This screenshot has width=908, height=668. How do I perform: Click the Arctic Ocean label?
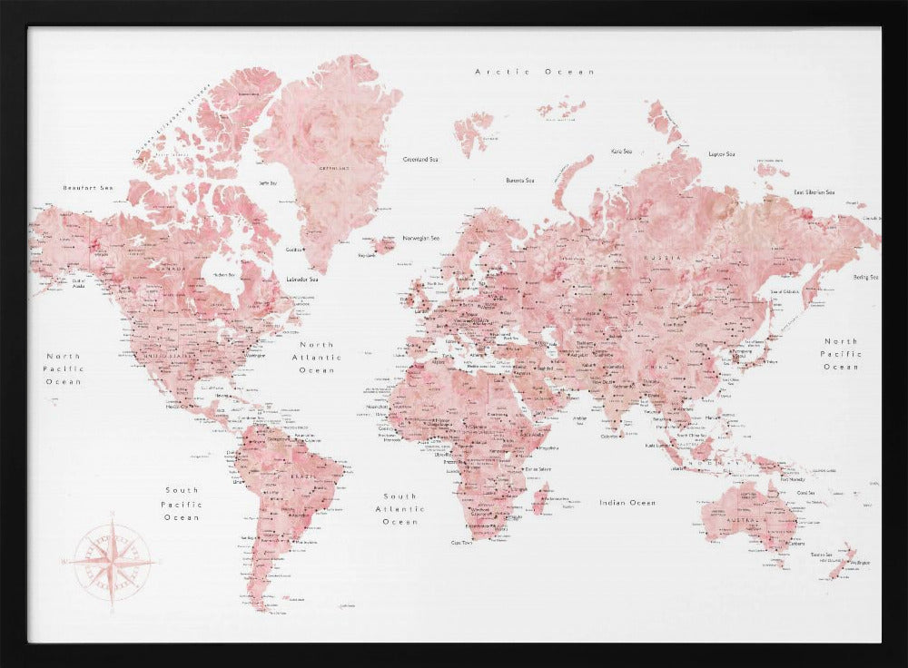coord(535,71)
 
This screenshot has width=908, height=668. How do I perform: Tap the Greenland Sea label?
coord(420,159)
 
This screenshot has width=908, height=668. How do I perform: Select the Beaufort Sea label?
coord(88,187)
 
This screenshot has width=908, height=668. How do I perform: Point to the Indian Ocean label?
coord(627,502)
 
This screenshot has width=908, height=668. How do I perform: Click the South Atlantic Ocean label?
coord(400,509)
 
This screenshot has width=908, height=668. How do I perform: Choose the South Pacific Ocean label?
coord(182,504)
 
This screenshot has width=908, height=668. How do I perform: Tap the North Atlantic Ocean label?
coord(317,358)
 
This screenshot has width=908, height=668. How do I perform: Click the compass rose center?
coord(113,561)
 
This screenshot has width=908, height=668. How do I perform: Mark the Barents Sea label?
coord(519,180)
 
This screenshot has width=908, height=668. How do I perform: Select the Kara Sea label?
coord(621,152)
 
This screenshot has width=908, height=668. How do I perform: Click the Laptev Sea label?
coord(721,154)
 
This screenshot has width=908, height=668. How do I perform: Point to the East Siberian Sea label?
coord(813,192)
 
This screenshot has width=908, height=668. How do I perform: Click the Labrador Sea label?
coord(301,279)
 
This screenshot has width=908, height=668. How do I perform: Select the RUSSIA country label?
coord(656,257)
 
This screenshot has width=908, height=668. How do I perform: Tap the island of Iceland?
coord(383,244)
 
